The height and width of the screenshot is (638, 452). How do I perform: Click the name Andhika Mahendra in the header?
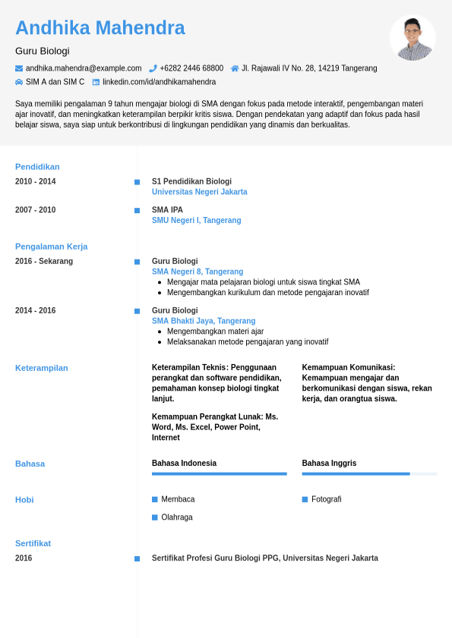(x=100, y=28)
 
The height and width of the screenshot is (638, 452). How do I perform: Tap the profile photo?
(x=412, y=38)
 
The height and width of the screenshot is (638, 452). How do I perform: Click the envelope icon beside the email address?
(x=19, y=68)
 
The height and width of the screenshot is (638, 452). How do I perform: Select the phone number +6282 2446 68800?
(x=191, y=68)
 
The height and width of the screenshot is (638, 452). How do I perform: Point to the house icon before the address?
(x=235, y=68)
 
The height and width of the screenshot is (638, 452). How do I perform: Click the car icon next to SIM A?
(x=19, y=82)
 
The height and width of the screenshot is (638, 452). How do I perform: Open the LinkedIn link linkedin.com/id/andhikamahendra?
(x=159, y=82)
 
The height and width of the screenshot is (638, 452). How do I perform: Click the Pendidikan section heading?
(x=37, y=167)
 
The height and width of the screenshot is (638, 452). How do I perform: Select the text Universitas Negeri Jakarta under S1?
(x=199, y=192)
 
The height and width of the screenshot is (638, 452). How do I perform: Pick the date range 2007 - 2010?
(x=35, y=210)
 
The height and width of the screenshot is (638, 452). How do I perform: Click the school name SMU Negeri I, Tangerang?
(x=196, y=221)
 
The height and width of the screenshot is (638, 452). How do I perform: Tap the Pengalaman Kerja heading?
(x=51, y=247)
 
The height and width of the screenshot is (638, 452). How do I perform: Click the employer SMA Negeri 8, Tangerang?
(x=198, y=272)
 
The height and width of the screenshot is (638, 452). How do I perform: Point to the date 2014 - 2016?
(x=35, y=311)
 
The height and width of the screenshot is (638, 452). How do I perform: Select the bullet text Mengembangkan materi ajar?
(x=215, y=332)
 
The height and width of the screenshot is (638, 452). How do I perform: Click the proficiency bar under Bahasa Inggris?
(x=368, y=474)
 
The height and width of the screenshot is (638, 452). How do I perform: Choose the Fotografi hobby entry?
(x=326, y=499)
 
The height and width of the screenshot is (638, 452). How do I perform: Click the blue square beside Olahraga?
(x=155, y=517)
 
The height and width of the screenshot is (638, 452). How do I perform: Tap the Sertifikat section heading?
(x=33, y=543)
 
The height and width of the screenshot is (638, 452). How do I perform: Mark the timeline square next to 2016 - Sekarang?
(x=137, y=262)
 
